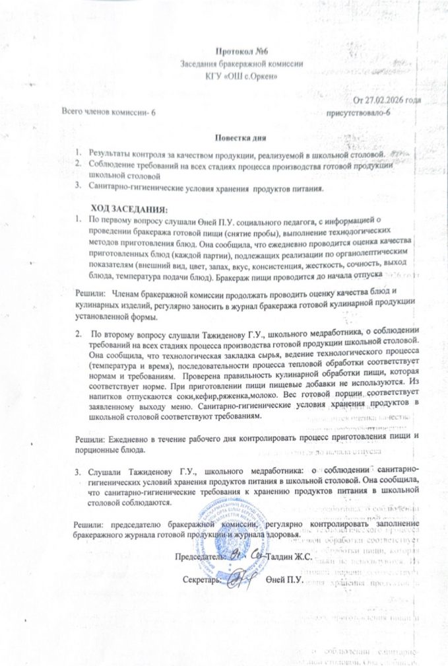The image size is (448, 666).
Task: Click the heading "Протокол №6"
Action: click(241, 52)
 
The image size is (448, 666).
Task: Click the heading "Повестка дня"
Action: click(240, 138)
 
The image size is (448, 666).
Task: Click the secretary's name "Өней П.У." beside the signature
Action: click(284, 580)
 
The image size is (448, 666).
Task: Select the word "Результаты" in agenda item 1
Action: click(110, 153)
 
